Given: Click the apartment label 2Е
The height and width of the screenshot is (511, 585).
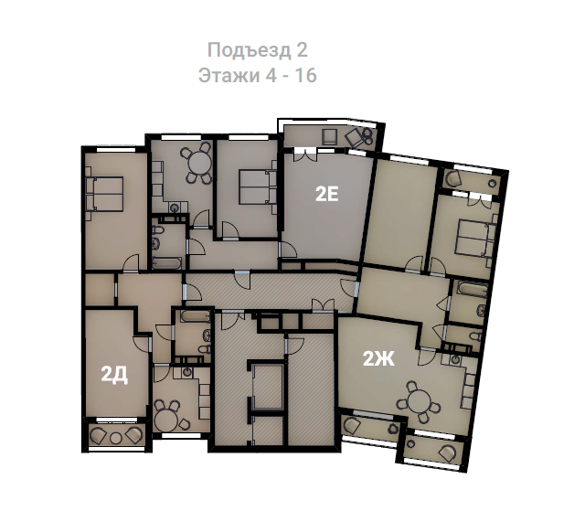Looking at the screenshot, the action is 327,195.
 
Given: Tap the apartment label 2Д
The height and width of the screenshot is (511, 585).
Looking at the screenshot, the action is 114,375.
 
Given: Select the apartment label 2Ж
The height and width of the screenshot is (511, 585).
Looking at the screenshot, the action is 378,359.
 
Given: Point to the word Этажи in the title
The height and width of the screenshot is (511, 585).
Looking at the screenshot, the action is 229,75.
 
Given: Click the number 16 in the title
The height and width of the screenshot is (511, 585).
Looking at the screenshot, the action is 306,75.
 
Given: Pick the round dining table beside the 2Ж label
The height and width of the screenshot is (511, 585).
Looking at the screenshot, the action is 419,401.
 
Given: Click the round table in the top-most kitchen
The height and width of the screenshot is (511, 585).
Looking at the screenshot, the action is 199,163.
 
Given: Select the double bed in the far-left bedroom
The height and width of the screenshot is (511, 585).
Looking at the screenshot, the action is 104,194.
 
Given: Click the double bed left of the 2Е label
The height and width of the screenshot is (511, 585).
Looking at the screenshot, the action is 258,187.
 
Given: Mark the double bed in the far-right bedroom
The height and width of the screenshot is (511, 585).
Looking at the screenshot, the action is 473,239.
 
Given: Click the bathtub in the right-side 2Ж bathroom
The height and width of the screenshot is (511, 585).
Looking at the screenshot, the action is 473,290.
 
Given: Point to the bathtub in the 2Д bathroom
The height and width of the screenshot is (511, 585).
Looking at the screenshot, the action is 195,317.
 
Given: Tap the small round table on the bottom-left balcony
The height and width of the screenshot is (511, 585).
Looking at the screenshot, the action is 116,438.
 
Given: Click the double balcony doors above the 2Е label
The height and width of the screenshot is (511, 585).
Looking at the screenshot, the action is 306,154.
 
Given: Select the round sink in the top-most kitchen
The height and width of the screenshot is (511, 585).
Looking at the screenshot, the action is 175,208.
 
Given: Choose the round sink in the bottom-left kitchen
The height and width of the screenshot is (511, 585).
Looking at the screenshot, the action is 187,372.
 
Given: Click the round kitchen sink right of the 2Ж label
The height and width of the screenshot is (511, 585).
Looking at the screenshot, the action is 455,359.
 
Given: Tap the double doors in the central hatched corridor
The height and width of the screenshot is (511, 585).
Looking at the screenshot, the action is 323,304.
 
